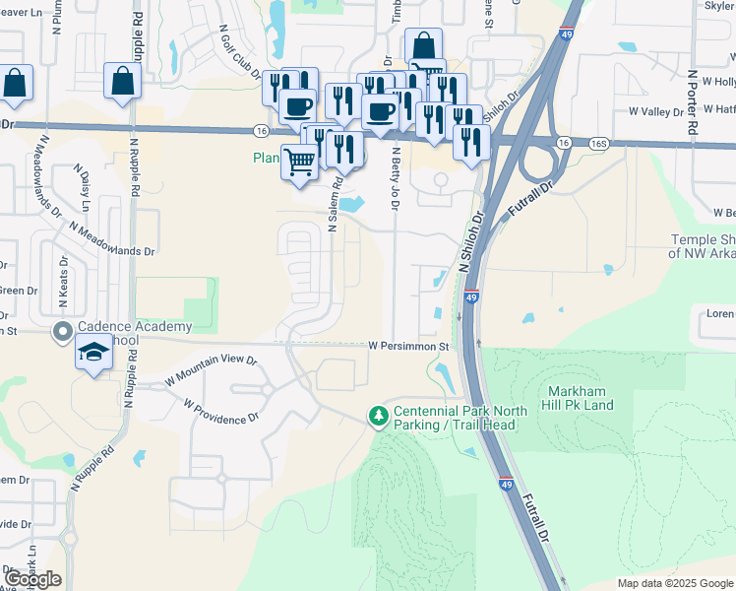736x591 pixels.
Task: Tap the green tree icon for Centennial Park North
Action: [378, 418]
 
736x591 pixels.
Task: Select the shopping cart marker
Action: [300, 162]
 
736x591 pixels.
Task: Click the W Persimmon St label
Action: [408, 347]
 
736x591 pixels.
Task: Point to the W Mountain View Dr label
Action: [210, 367]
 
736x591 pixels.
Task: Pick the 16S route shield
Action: [598, 143]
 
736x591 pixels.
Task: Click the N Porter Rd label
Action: [694, 98]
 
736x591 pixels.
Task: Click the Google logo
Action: [32, 579]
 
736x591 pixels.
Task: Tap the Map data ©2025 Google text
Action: [674, 583]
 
